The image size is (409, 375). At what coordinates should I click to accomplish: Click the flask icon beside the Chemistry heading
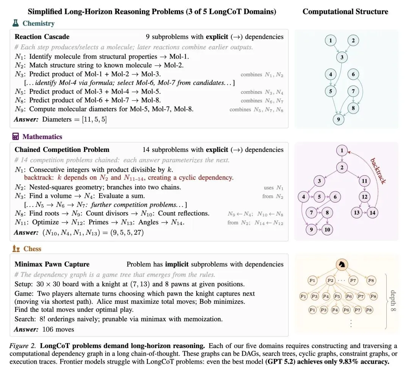(x=16, y=23)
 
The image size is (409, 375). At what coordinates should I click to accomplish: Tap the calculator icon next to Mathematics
(x=16, y=136)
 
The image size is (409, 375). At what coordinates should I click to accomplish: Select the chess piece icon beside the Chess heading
(x=16, y=248)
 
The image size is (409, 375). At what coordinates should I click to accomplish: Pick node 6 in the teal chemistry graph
(x=353, y=74)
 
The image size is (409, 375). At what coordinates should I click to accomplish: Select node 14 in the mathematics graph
(x=373, y=212)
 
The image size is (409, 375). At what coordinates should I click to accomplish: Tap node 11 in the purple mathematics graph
(x=364, y=181)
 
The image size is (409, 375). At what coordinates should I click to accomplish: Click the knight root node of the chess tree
(x=342, y=265)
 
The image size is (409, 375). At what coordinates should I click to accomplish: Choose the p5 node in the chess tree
(x=338, y=296)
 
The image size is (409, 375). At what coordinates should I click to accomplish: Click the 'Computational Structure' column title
(x=345, y=11)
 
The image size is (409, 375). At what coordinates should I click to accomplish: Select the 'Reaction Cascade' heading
(x=42, y=37)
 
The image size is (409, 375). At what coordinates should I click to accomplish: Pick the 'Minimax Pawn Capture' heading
(x=52, y=264)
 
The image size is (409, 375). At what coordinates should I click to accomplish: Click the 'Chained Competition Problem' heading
(x=62, y=150)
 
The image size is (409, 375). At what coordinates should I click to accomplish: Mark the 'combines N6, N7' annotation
(x=262, y=101)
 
